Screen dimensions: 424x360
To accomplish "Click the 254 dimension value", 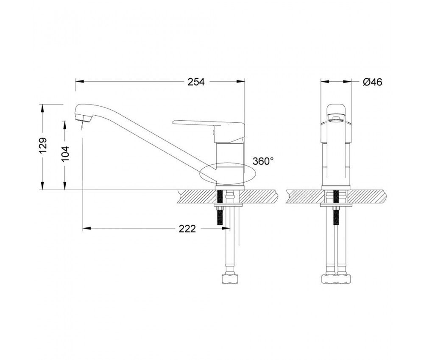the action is click(196, 82).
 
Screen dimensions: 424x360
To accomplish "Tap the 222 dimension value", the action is click(187, 229).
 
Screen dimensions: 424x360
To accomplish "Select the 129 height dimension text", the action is click(43, 145).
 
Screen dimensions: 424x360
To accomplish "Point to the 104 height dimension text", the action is click(65, 154).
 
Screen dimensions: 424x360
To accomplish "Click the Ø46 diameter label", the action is click(373, 82).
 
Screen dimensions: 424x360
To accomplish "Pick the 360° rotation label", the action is click(263, 161).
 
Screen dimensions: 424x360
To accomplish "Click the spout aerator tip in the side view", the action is click(84, 118).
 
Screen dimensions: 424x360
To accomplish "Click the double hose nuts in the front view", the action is click(336, 279).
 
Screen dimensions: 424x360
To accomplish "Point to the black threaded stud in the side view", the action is click(220, 208).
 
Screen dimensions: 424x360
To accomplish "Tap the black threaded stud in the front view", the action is click(336, 208).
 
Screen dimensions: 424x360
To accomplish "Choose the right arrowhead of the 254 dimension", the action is click(241, 82).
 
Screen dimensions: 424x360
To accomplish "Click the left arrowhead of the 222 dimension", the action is click(86, 229).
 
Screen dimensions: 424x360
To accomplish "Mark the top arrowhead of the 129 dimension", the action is click(42, 108).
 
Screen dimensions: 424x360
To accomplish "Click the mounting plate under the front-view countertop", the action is click(336, 205).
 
